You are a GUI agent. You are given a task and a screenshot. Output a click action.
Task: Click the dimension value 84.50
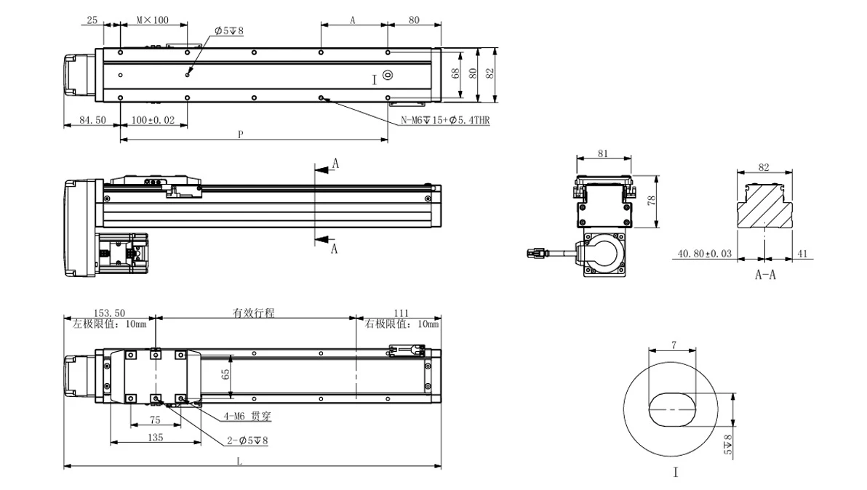click(92, 120)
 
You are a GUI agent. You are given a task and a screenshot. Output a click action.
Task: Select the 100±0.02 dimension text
click(153, 120)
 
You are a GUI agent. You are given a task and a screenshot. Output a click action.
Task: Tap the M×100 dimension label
click(153, 20)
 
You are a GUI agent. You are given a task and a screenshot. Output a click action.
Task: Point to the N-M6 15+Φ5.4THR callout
click(445, 120)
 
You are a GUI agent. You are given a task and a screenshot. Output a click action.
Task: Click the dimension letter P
click(241, 134)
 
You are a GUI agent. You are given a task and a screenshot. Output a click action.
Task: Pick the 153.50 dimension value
click(109, 313)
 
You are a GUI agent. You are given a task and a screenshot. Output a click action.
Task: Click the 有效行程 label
click(253, 313)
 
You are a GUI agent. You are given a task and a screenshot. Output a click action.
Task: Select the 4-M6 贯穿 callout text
click(247, 416)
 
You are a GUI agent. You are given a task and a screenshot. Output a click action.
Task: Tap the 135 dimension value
click(156, 437)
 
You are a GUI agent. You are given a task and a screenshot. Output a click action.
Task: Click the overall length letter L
click(239, 461)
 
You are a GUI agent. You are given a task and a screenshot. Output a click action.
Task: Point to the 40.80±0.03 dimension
click(704, 254)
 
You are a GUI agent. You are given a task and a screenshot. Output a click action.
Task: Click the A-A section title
click(765, 274)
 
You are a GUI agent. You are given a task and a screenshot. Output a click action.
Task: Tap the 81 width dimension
click(603, 153)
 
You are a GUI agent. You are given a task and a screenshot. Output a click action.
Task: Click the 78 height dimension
click(652, 201)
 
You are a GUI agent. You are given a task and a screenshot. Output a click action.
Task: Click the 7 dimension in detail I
click(674, 345)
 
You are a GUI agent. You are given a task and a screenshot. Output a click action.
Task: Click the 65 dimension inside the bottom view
click(225, 374)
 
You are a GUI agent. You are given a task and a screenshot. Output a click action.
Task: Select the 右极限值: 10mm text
click(401, 324)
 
